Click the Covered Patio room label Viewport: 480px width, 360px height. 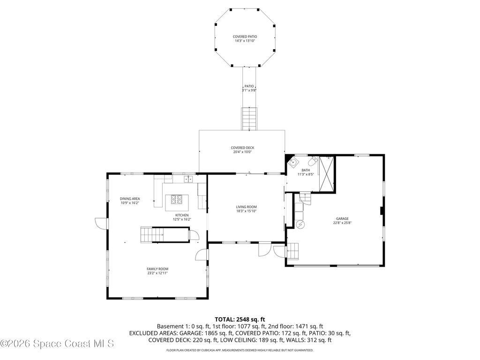click(x=245, y=37)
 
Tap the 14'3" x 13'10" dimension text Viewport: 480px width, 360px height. click(x=245, y=41)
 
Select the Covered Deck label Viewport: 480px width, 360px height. click(x=242, y=148)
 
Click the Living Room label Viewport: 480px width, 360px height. click(x=246, y=207)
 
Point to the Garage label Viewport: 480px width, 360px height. click(x=342, y=218)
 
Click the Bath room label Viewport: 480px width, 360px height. click(x=306, y=170)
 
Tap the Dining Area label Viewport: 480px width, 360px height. click(x=130, y=199)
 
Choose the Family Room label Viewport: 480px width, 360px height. click(x=157, y=269)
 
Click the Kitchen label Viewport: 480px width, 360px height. click(x=182, y=215)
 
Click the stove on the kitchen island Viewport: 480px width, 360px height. click(x=177, y=200)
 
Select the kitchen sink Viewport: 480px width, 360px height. click(x=188, y=179)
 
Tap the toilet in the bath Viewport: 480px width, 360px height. click(x=313, y=160)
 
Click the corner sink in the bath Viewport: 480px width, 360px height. click(x=292, y=162)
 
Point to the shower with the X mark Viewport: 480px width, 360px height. click(x=326, y=173)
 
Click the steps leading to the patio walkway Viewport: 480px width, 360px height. click(x=249, y=119)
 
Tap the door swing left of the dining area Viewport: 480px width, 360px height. click(x=101, y=223)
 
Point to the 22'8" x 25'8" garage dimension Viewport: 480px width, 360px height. click(x=342, y=223)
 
